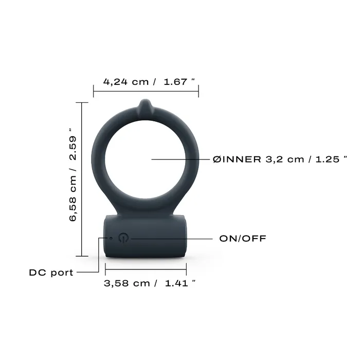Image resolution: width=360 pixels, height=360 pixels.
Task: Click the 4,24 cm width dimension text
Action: point(125,82)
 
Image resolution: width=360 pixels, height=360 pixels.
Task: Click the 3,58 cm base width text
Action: point(127,283)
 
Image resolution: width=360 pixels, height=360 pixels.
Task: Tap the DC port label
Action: point(51,273)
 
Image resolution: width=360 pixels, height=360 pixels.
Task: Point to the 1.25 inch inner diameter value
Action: point(327,159)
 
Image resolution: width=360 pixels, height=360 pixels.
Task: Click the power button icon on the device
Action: point(123,238)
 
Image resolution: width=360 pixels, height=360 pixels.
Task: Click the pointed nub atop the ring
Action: point(146,106)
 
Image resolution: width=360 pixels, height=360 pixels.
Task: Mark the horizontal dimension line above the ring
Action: point(146,92)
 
